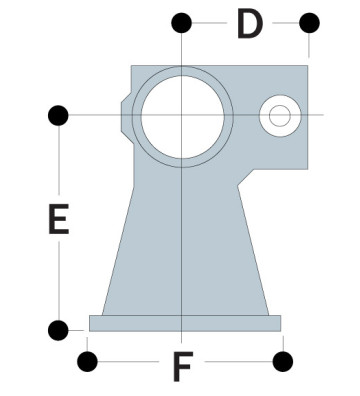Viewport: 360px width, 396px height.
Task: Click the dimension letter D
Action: pyautogui.click(x=250, y=24)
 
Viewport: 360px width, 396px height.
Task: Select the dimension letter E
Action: pyautogui.click(x=59, y=221)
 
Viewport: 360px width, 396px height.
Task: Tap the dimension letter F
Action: pyautogui.click(x=181, y=367)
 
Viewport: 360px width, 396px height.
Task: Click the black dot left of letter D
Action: pyautogui.click(x=181, y=22)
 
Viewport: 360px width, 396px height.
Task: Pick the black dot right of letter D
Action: pyautogui.click(x=309, y=22)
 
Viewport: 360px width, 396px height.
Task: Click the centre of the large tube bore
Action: pyautogui.click(x=181, y=115)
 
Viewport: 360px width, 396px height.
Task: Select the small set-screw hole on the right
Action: pyautogui.click(x=279, y=116)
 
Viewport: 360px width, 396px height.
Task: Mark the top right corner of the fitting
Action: pyautogui.click(x=306, y=67)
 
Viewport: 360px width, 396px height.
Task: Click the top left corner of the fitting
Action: pyautogui.click(x=133, y=68)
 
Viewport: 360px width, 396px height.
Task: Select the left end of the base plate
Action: pyautogui.click(x=92, y=322)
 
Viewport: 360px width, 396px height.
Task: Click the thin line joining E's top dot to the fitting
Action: pyautogui.click(x=95, y=115)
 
